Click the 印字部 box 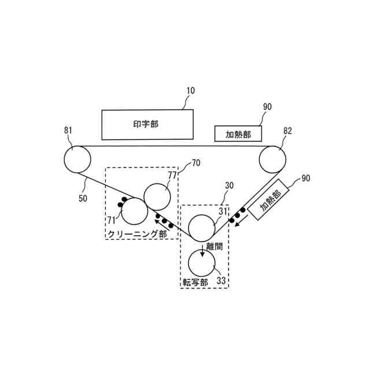pyautogui.click(x=147, y=124)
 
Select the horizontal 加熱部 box pyautogui.click(x=238, y=134)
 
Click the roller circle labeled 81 pyautogui.click(x=77, y=159)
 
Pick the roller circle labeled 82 pyautogui.click(x=273, y=159)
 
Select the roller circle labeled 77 pyautogui.click(x=157, y=197)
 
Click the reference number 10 pyautogui.click(x=190, y=90)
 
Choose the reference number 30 pyautogui.click(x=230, y=186)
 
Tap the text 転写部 pyautogui.click(x=195, y=282)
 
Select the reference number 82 pyautogui.click(x=287, y=131)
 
